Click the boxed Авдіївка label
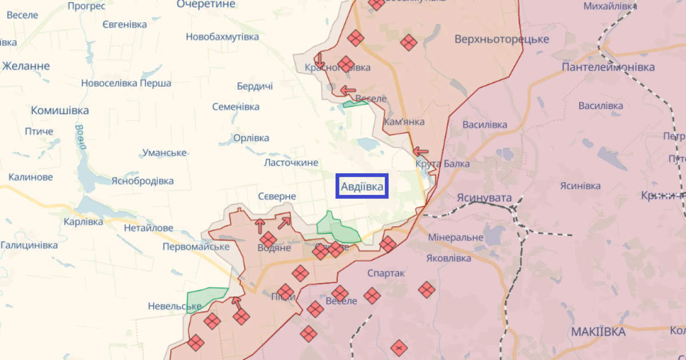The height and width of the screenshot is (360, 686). [362, 186]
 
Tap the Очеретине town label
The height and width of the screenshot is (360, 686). [206, 5]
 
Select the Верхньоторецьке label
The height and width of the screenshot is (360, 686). [502, 39]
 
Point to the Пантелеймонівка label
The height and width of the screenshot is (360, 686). [608, 67]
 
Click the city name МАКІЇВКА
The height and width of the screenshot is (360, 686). [598, 331]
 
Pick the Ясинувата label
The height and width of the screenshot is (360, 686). [483, 197]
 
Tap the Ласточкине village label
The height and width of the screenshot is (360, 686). [291, 163]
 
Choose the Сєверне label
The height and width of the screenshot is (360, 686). [277, 197]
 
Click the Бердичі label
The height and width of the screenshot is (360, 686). [255, 86]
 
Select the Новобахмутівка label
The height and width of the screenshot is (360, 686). [222, 37]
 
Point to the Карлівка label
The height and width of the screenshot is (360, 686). [83, 222]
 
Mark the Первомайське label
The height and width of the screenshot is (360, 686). [196, 247]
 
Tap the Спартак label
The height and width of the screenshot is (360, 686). [386, 274]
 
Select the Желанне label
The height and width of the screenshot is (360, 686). [26, 66]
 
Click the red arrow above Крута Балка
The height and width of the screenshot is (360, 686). [421, 151]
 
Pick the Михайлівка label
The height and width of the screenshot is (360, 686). [610, 6]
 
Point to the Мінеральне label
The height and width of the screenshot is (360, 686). [456, 237]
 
